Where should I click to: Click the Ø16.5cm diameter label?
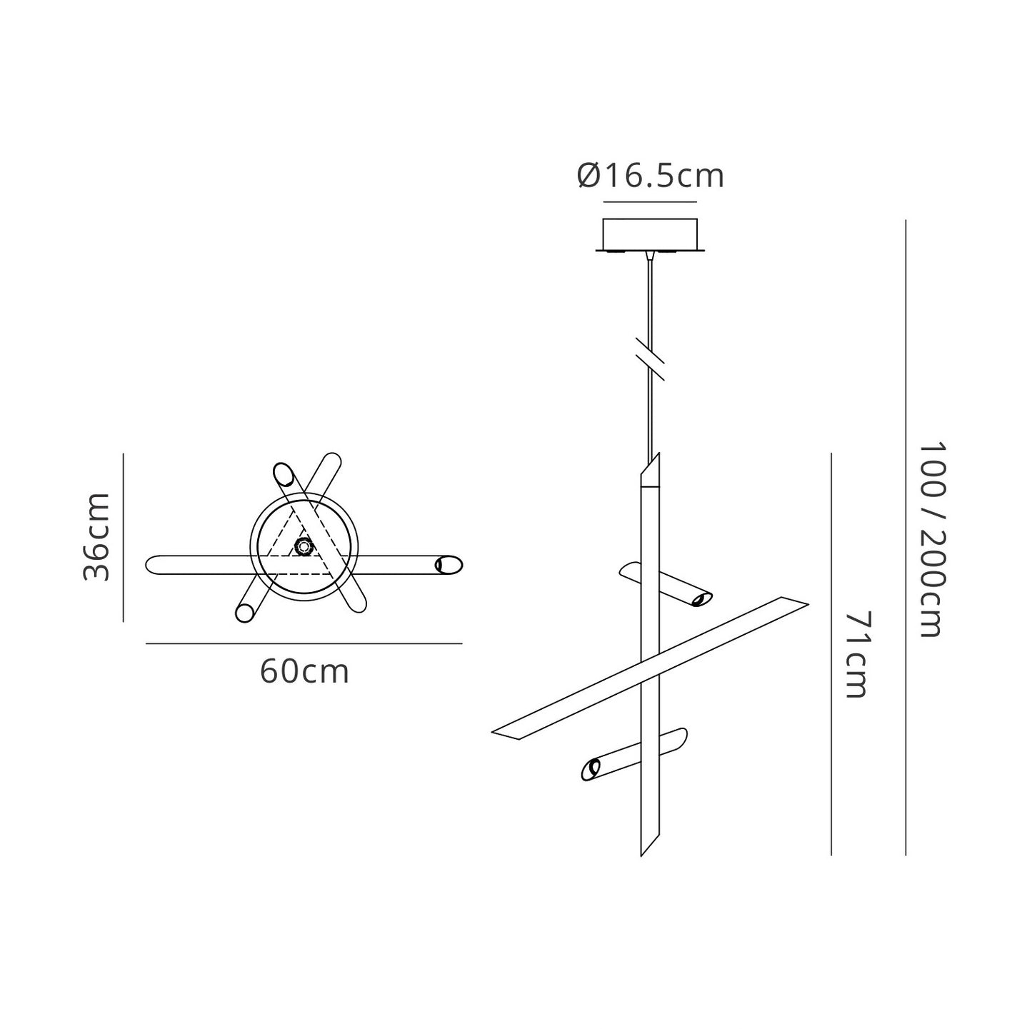coord(650,175)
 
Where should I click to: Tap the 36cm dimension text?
coord(96,537)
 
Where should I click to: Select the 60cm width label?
coord(304,672)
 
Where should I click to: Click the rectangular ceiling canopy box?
coord(650,235)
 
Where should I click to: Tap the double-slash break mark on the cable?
coord(650,359)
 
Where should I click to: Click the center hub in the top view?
coord(304,547)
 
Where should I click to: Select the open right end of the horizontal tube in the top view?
coord(449,565)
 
